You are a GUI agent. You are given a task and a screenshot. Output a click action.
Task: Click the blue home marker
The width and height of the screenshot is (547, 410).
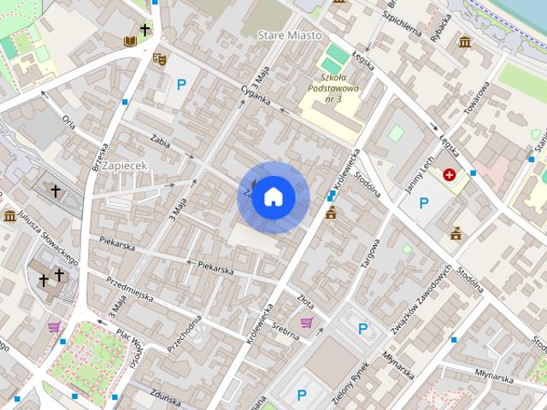coord(273,197)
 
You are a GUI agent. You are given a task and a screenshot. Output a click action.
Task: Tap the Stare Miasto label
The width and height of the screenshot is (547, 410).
coord(289,35)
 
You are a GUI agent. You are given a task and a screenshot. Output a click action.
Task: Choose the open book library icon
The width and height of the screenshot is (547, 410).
coord(129,40)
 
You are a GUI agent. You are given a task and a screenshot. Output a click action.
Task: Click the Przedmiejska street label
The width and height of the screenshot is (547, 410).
coord(128,290)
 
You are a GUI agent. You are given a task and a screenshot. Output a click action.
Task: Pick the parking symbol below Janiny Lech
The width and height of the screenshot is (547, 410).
coord(423,203)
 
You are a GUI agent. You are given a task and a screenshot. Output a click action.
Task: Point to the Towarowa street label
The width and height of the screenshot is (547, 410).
coord(479,102)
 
